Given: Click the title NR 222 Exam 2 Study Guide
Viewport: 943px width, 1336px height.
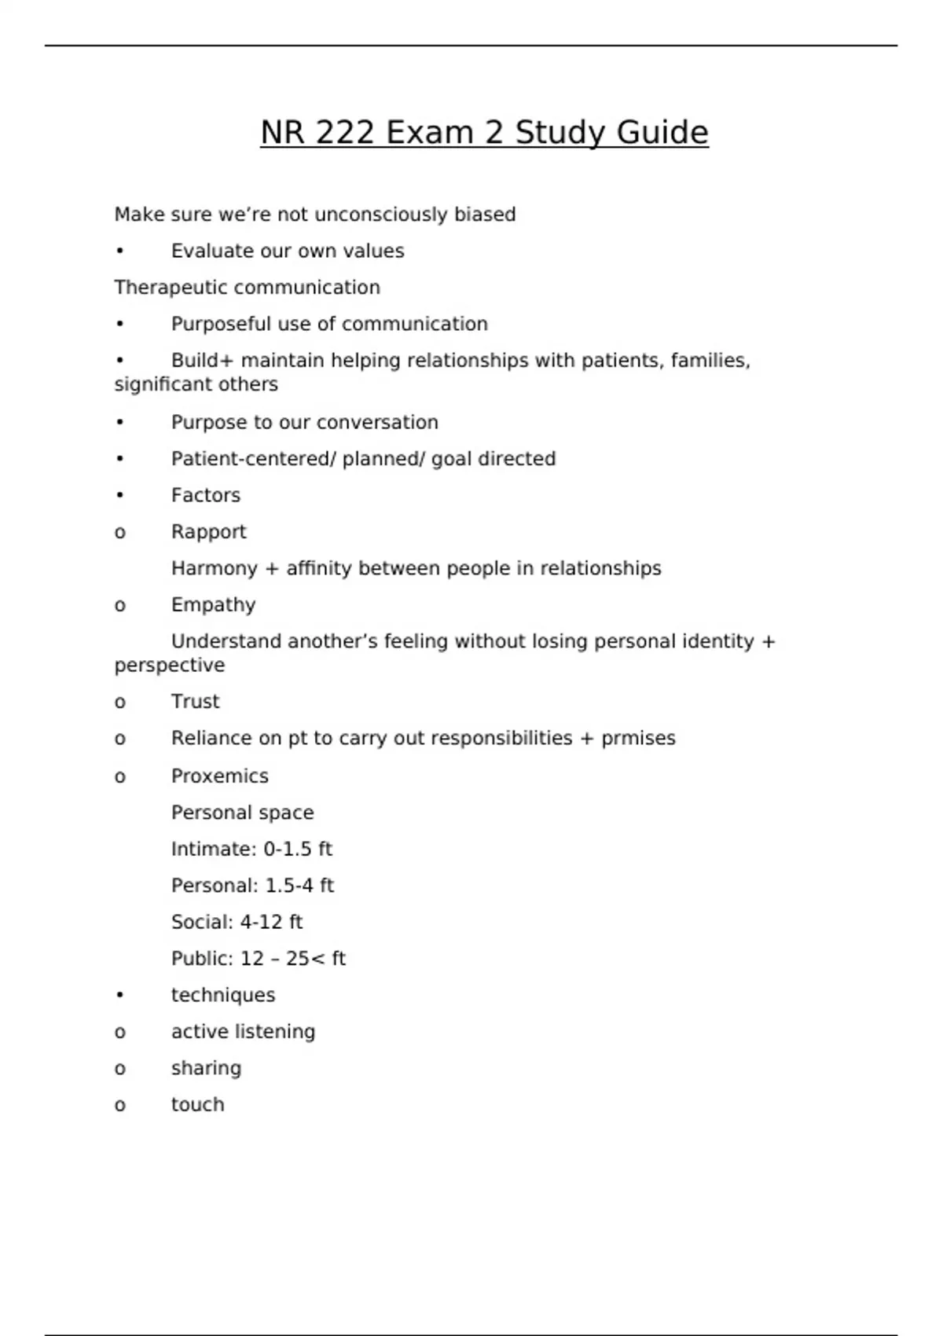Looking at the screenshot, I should (484, 133).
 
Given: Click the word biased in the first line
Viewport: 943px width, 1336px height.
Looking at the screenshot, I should (485, 215).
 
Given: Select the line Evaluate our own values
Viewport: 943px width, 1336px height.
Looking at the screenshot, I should (288, 251).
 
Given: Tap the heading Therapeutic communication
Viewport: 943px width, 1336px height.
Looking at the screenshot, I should (247, 288).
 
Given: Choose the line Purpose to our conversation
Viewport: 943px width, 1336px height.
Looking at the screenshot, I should (304, 422).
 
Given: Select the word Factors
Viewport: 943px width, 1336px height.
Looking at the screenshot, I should (206, 495).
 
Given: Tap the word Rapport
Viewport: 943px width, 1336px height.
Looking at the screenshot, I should (209, 532).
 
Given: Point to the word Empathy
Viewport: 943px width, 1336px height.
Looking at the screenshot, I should (214, 605).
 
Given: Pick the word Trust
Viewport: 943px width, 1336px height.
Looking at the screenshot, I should (196, 702).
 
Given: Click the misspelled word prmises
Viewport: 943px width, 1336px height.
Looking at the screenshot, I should (638, 739).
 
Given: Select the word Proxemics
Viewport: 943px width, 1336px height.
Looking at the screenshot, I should (220, 776).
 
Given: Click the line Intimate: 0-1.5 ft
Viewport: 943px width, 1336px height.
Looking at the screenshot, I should (251, 850).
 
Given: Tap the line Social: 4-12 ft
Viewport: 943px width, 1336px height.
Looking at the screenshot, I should (237, 922).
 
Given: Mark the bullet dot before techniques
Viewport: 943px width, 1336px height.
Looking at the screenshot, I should (119, 995).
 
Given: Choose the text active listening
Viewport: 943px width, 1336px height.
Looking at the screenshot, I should (243, 1032).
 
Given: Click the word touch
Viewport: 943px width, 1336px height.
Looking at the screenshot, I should (198, 1105).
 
